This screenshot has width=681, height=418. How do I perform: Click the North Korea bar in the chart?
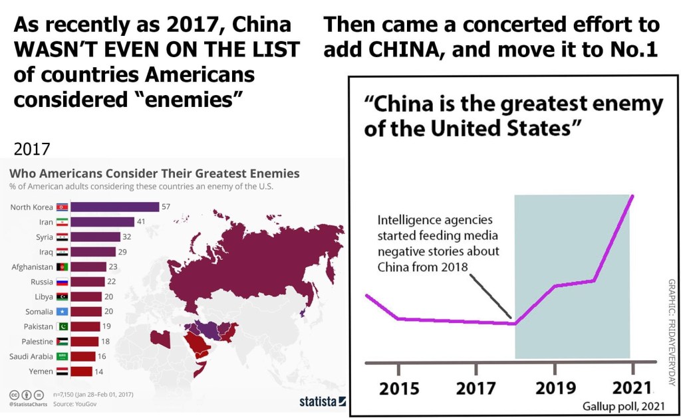(x=114, y=207)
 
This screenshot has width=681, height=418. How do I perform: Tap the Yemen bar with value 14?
(x=81, y=371)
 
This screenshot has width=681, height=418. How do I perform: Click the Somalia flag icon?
(x=63, y=312)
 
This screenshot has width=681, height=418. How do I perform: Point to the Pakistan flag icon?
(x=63, y=326)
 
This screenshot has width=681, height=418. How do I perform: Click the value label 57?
(x=166, y=207)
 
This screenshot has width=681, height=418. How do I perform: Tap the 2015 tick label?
(x=399, y=388)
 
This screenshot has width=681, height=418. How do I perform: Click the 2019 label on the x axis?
(x=555, y=388)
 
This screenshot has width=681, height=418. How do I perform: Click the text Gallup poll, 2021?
(x=624, y=406)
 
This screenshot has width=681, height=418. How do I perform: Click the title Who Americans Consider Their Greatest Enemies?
(x=154, y=173)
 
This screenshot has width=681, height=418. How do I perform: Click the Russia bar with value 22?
(x=87, y=282)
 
